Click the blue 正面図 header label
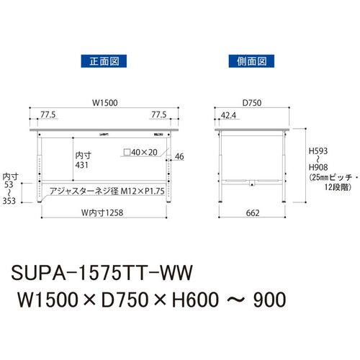coord(104,61)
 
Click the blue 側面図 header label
coord(251,61)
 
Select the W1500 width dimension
coord(105,103)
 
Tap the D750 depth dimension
coord(252,103)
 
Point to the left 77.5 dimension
coord(48,114)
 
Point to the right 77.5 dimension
coord(159,114)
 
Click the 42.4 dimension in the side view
coord(228,115)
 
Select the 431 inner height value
coord(81,165)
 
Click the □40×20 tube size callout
coord(140,152)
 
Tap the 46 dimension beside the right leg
coord(179,156)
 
